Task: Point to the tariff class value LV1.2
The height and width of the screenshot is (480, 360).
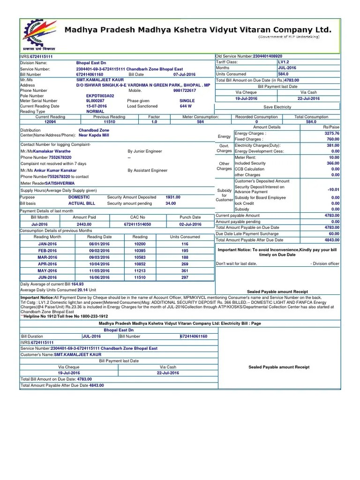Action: click(284, 62)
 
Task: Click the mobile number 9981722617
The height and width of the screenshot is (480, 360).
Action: click(184, 90)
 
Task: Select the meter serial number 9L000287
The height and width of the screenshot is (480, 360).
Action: click(95, 101)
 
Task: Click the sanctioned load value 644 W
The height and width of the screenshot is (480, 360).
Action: click(186, 106)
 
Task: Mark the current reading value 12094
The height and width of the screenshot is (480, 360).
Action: click(50, 122)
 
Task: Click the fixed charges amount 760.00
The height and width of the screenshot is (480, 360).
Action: click(333, 139)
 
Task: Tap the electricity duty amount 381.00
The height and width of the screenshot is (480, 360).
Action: click(333, 145)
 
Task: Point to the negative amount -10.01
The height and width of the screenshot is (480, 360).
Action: click(333, 189)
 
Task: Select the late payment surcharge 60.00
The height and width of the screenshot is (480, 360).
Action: click(334, 233)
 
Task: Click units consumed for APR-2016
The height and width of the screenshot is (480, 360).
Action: click(185, 264)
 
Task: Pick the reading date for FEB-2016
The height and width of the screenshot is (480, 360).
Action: click(99, 251)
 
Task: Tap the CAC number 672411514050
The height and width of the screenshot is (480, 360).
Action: click(137, 225)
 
